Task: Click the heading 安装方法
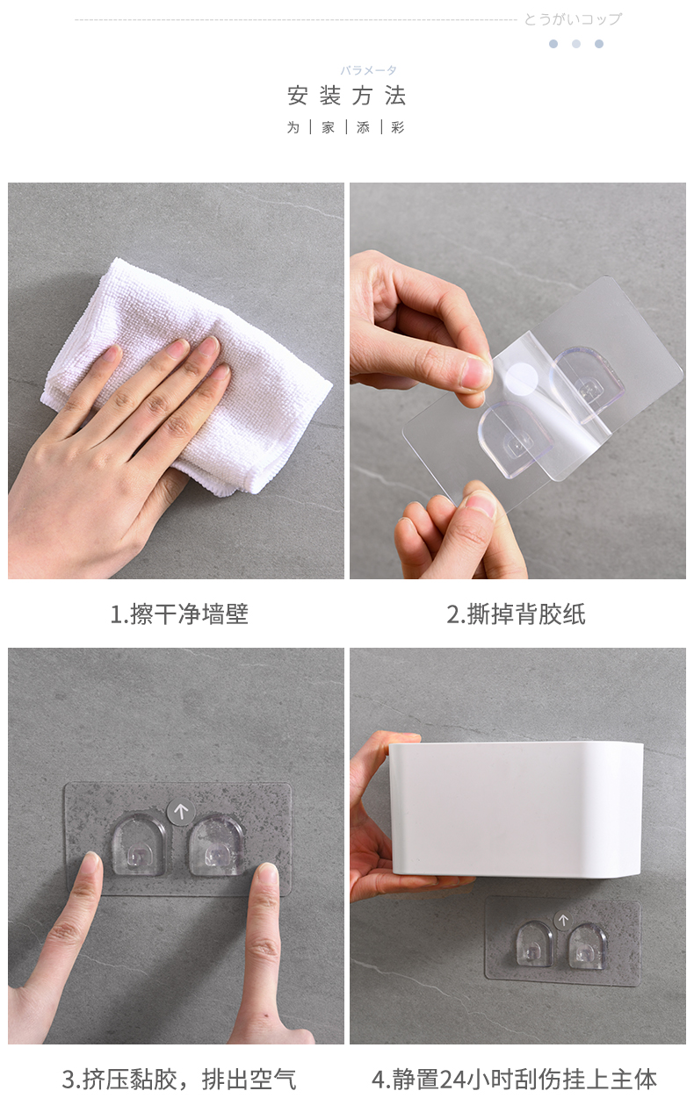pos(346,95)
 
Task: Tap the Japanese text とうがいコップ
pos(573,19)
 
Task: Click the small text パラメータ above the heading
pos(369,70)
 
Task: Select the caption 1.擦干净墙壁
pos(179,614)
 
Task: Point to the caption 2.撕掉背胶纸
pos(516,614)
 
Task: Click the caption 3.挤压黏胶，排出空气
pos(179,1079)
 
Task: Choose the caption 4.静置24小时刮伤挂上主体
pos(514,1079)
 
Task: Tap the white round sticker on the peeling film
pos(522,378)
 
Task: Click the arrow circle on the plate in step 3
pos(181,812)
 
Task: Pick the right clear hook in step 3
pos(216,845)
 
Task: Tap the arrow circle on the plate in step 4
pos(563,921)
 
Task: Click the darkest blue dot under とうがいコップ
pos(553,44)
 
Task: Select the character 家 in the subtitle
pos(329,128)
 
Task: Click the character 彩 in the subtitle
pos(398,128)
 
